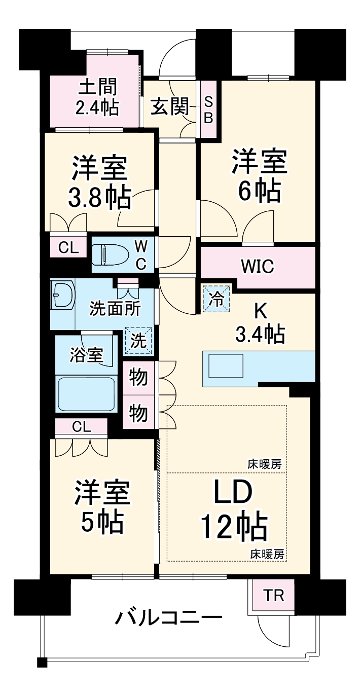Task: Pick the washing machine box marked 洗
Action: click(x=137, y=340)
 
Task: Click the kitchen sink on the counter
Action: click(x=223, y=365)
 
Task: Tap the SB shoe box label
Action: click(x=208, y=108)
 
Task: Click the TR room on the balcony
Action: click(x=272, y=596)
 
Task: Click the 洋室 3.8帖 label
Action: click(x=99, y=182)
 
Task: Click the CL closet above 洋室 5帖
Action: click(x=81, y=427)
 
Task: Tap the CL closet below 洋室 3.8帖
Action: click(x=68, y=248)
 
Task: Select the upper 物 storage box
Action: click(x=138, y=378)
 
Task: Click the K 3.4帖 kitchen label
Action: click(x=260, y=324)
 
